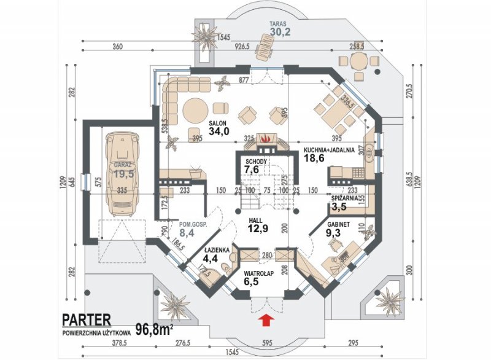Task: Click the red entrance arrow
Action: point(266,319)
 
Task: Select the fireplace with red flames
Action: point(265,140)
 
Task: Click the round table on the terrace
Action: point(359,61)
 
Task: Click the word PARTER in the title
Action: point(87,319)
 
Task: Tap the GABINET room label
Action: point(338,225)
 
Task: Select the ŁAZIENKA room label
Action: point(218,251)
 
